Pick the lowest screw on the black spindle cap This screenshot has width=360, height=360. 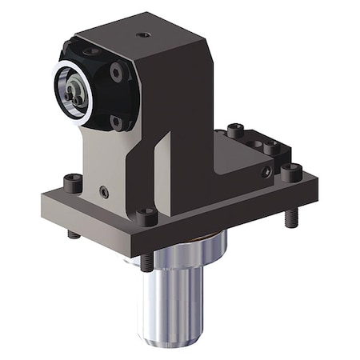[117, 122]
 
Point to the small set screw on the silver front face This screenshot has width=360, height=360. [105, 191]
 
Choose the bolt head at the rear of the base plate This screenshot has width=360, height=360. [234, 130]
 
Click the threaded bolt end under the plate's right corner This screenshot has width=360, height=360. [292, 216]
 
